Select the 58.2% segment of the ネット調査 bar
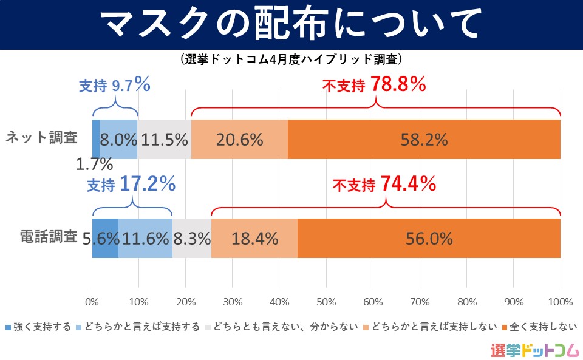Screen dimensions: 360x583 424,140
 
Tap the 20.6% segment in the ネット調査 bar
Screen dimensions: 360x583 239,140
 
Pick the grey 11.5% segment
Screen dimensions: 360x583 164,140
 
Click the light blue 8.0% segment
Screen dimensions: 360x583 118,140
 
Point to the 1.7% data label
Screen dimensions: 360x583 95,164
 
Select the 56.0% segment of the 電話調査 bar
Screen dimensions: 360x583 429,239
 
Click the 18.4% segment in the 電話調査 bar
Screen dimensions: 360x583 254,239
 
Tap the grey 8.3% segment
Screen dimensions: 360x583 192,239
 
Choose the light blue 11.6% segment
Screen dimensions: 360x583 145,239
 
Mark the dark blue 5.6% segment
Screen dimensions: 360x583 105,239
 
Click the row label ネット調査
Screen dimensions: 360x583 41,138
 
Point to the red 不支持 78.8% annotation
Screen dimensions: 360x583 374,86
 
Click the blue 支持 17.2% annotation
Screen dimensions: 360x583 131,184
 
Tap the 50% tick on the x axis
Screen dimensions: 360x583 326,302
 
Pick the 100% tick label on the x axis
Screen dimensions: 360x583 560,302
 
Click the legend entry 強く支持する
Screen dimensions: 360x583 38,327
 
